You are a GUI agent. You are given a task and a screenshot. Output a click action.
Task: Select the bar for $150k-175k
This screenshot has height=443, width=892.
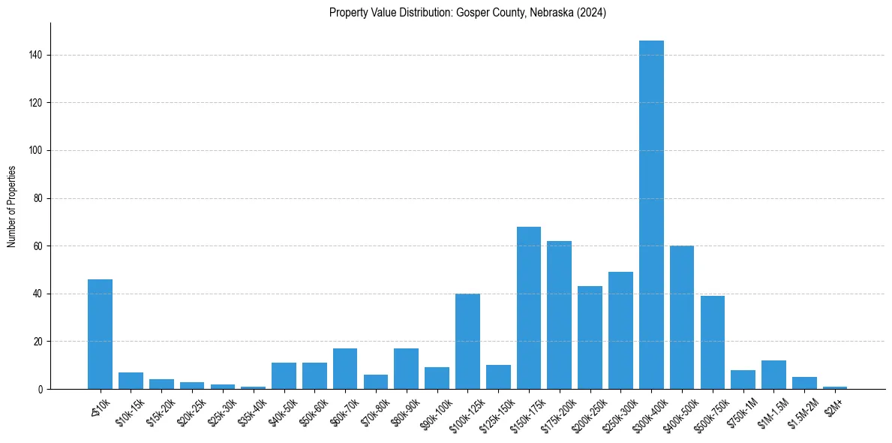point(529,308)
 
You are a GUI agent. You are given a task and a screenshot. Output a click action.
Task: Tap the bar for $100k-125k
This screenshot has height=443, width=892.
point(467,341)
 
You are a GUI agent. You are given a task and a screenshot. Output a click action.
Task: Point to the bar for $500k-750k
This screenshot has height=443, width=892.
point(713,342)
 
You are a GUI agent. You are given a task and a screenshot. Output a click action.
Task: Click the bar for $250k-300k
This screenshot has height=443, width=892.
point(620,330)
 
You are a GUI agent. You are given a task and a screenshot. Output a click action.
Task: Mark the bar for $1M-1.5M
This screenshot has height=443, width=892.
point(773,375)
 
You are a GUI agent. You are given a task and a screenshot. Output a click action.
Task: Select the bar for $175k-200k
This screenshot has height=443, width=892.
point(559,315)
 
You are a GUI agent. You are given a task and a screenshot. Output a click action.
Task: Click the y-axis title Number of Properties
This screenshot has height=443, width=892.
point(12,206)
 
